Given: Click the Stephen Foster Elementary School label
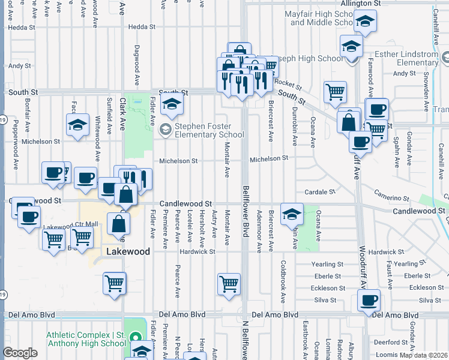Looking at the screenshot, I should (x=209, y=130).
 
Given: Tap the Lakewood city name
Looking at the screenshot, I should (x=128, y=252).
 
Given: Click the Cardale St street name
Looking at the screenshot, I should (x=319, y=192).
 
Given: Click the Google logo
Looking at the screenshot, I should (x=20, y=353).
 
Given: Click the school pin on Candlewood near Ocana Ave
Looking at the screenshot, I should (x=291, y=213).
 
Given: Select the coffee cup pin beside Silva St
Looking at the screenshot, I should (x=369, y=300).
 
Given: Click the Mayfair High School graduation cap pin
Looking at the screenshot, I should (x=364, y=23).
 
